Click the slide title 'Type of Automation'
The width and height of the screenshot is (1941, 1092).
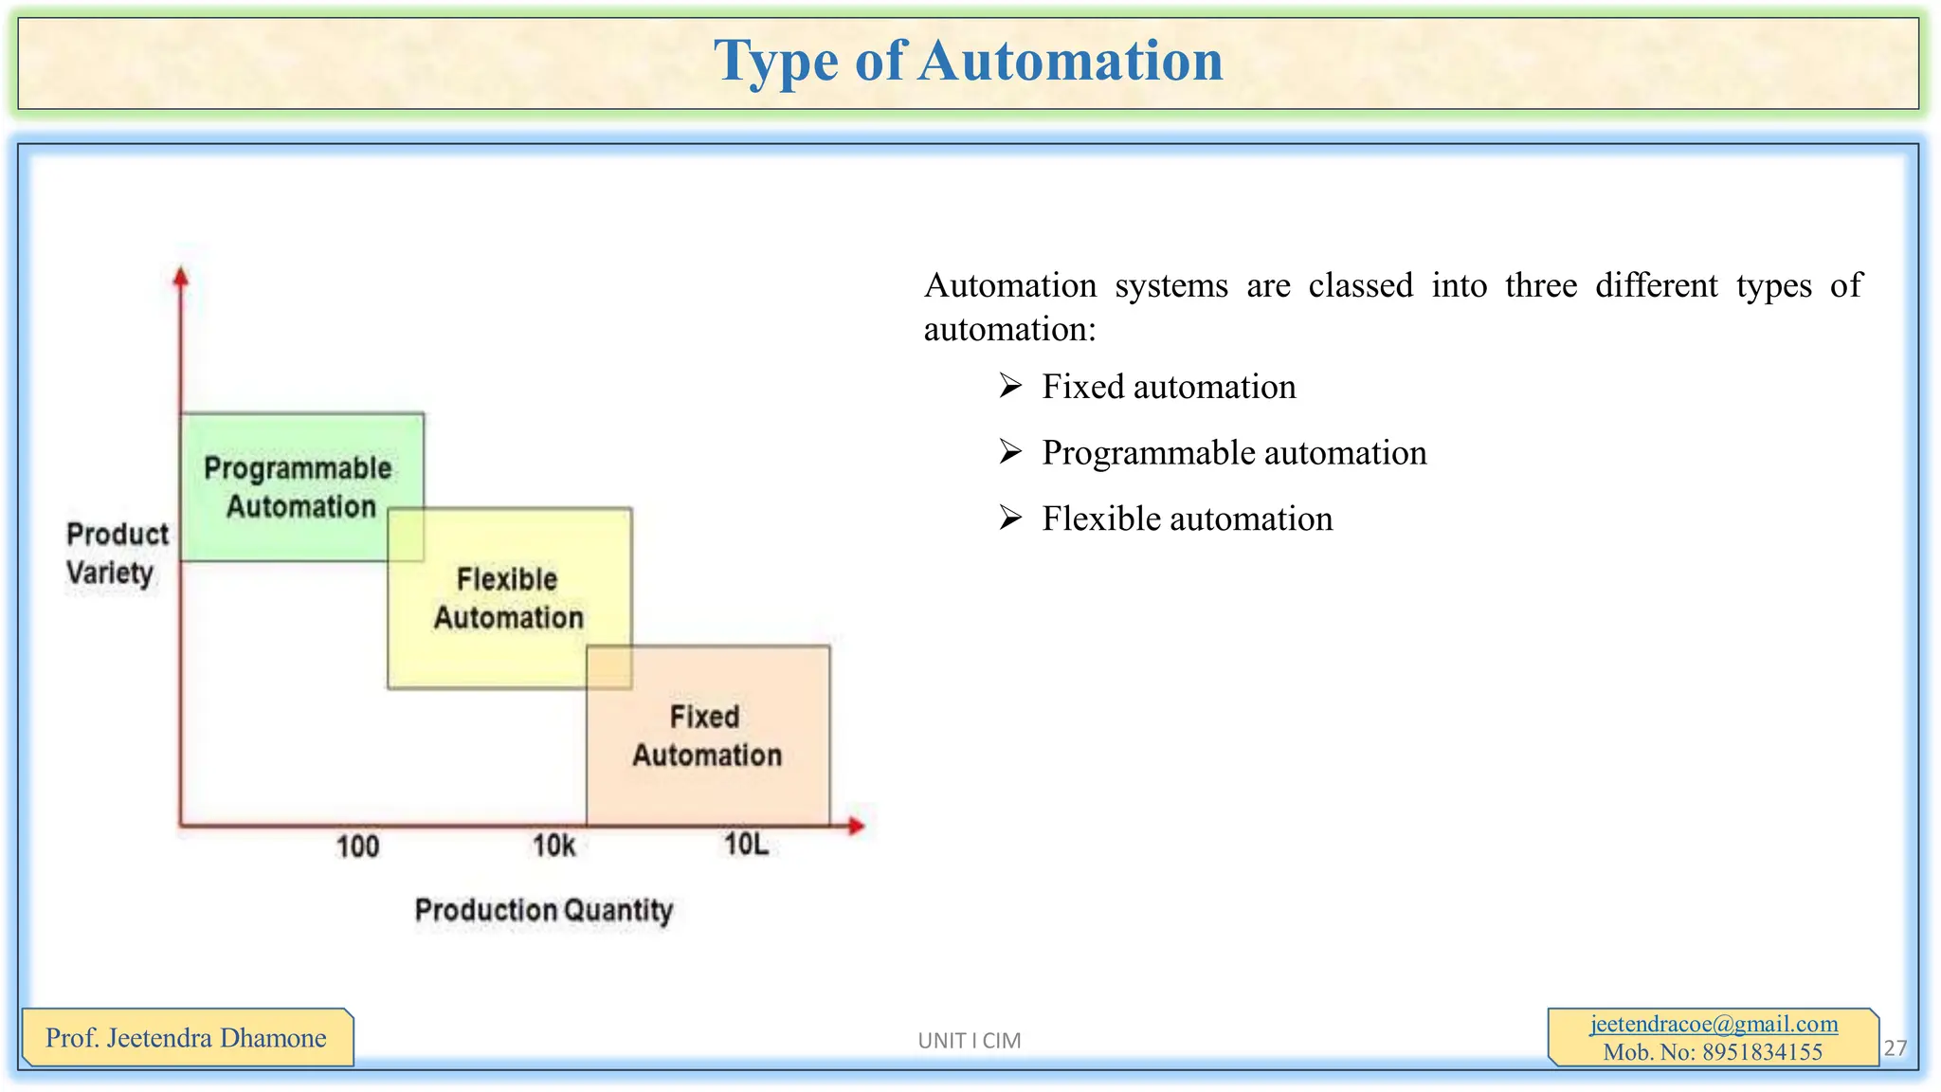click(968, 61)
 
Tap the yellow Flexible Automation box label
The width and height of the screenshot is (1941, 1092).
click(508, 598)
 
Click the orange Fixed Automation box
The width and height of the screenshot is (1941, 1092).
click(707, 736)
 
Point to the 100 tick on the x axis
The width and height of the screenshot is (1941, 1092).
click(357, 846)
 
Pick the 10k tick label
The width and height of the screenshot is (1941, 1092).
click(553, 845)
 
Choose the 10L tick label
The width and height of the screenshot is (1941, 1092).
click(746, 844)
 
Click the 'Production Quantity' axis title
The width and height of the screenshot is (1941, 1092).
click(544, 910)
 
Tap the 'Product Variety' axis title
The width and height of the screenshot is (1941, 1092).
click(116, 554)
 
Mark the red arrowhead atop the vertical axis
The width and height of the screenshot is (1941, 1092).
click(181, 277)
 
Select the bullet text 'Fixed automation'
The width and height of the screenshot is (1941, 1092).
click(1169, 387)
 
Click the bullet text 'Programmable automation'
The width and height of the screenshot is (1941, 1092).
click(1234, 453)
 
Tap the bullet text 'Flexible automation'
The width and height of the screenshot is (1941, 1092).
click(1187, 519)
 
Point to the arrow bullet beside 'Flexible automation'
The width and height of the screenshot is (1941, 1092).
click(1010, 519)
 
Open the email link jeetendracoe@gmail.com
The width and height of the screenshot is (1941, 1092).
click(1714, 1024)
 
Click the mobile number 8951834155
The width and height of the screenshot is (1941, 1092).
click(1762, 1052)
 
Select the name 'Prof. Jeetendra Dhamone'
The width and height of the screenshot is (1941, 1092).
click(186, 1038)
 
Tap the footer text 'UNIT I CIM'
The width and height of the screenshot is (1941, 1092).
click(969, 1041)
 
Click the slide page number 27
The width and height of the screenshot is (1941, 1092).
click(1895, 1047)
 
